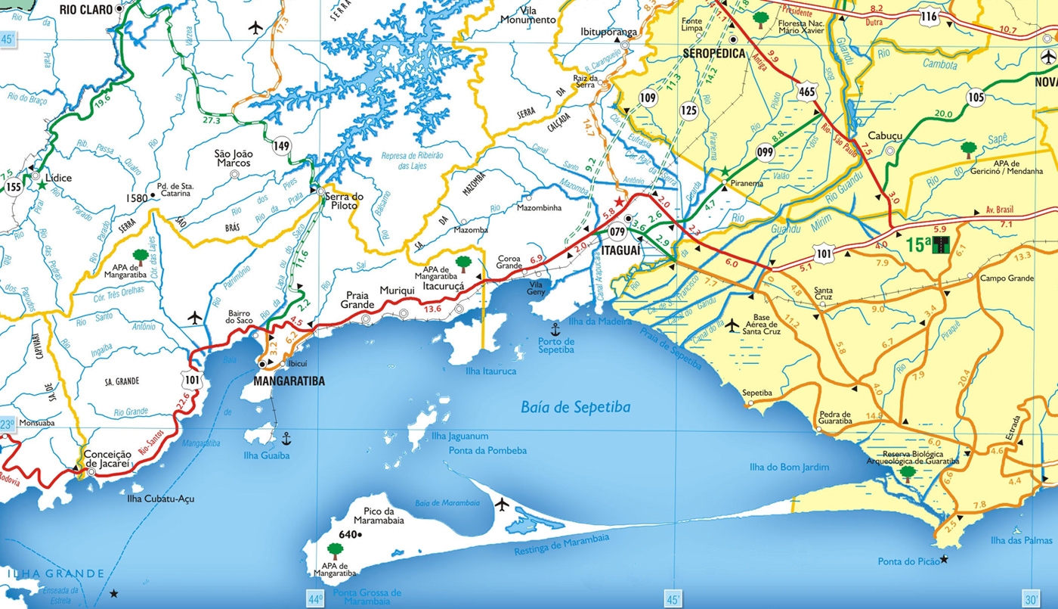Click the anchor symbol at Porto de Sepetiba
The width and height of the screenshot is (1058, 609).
tap(555, 329)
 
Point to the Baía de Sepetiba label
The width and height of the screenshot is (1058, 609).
tap(575, 408)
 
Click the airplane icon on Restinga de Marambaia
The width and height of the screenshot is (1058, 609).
tap(501, 504)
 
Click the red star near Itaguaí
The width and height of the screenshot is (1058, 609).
tap(620, 202)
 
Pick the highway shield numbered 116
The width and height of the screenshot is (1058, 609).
tap(929, 17)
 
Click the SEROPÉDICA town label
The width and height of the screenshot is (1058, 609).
tap(713, 54)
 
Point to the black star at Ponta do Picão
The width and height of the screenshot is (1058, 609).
tap(944, 559)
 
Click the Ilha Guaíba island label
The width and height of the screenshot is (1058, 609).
tap(267, 455)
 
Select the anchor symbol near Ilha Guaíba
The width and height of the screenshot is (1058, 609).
tap(286, 438)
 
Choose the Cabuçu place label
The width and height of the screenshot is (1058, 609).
tap(886, 135)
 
